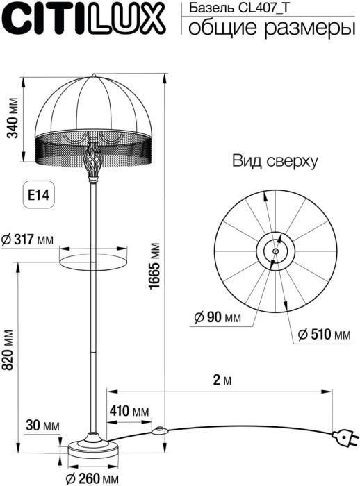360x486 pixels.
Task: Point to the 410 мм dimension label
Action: (129, 412)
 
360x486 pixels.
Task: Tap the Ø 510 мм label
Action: (324, 335)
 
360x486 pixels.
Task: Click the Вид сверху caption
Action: (275, 162)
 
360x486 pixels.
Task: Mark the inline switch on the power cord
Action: (160, 430)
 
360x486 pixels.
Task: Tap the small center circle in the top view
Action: (276, 251)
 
